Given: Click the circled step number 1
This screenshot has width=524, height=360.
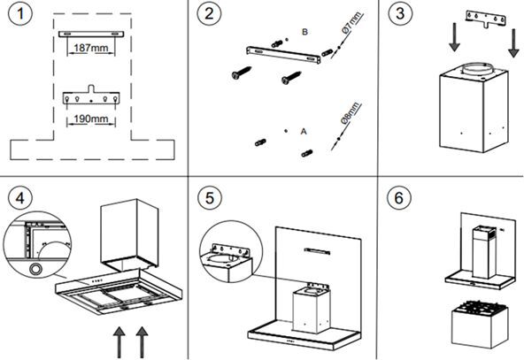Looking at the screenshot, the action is coord(20,14).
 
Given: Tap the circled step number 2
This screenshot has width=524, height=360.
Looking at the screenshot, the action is coord(209,13).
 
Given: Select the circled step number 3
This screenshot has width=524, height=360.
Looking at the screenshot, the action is coord(400,13).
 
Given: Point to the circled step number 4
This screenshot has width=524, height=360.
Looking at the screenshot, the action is coord(20,198).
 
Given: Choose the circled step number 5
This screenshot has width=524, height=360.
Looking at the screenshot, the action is coord(209,198).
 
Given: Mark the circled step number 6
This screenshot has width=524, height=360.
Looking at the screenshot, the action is coord(399,198).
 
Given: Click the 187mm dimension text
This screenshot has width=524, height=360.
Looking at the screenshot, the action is coord(91,48).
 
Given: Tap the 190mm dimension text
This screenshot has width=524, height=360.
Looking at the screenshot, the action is coord(91,119).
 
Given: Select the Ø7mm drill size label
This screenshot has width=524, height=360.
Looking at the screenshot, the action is coord(351,22).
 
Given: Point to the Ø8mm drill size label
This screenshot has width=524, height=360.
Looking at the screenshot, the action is coord(351,113).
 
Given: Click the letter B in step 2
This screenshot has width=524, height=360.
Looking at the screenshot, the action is coord(304,32).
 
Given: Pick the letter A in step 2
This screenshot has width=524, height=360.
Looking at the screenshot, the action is coord(304,131).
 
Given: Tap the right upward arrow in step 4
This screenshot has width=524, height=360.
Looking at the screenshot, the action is coord(143,342).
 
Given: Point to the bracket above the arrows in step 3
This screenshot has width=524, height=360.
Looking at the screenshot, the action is coord(486,19).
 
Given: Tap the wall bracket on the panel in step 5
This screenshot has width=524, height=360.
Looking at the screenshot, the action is coord(317,250).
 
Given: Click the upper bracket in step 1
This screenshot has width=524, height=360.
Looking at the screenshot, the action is coord(91,34).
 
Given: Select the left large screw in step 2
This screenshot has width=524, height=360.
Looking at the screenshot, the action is coord(242,73).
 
